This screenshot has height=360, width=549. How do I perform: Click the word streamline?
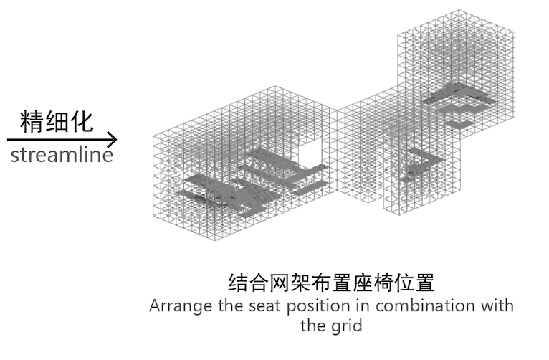pyautogui.click(x=62, y=155)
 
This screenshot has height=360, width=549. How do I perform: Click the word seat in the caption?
pyautogui.click(x=257, y=306)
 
